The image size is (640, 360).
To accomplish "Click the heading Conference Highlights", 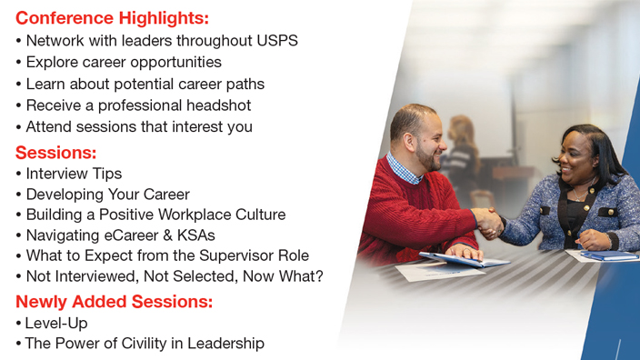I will click(x=112, y=17).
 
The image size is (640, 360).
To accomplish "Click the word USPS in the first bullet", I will click(x=275, y=40).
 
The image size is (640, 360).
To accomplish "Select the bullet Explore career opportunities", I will click(x=123, y=62).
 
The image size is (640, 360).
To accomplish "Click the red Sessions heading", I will click(x=55, y=152).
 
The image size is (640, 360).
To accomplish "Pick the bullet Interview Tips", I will click(x=74, y=173).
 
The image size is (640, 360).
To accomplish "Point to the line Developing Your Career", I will click(x=107, y=194).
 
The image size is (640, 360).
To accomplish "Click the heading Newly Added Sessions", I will click(x=114, y=301).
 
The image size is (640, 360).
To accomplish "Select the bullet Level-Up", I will click(x=56, y=323).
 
